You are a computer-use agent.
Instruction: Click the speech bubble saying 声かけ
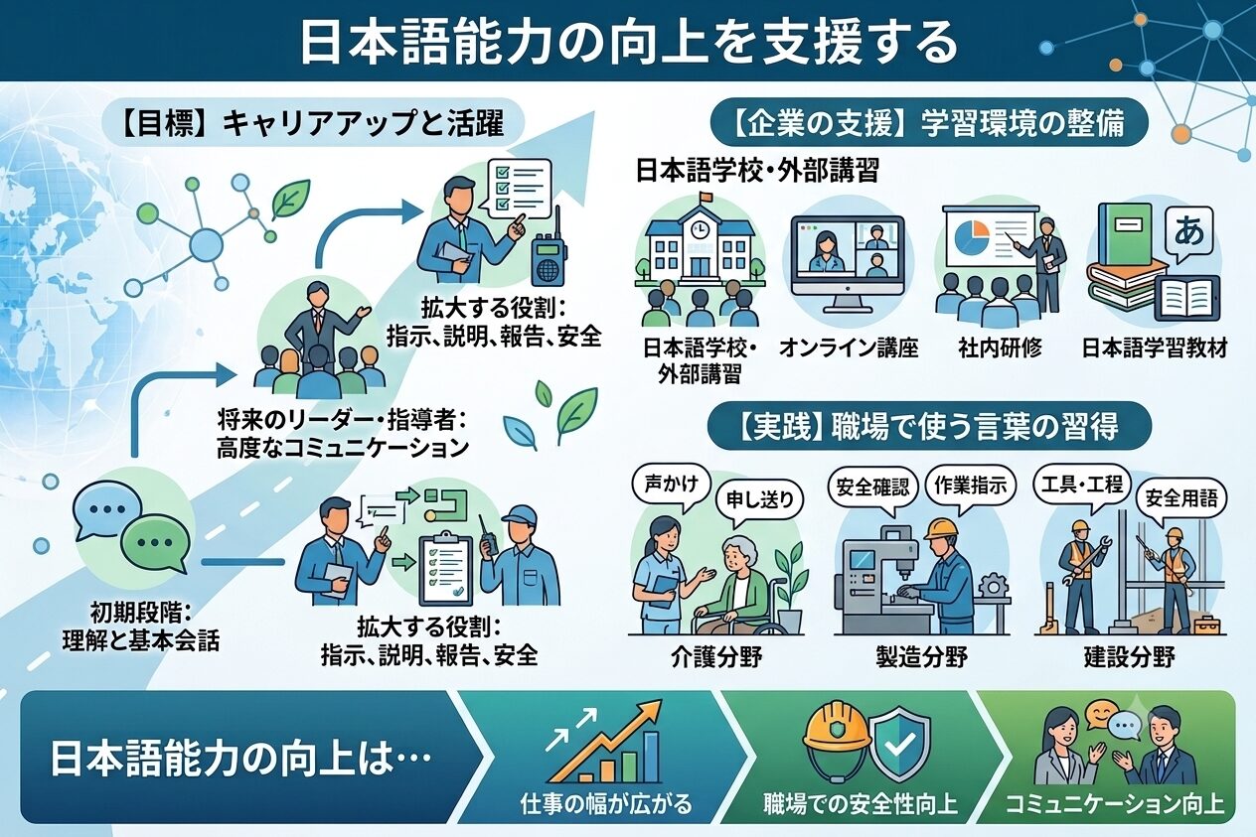pyautogui.click(x=671, y=487)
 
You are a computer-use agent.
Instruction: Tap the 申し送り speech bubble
pyautogui.click(x=759, y=500)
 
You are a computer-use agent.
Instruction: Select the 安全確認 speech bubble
pyautogui.click(x=872, y=488)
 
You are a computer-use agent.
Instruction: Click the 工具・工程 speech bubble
pyautogui.click(x=1082, y=486)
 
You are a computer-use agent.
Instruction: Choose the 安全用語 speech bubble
pyautogui.click(x=1180, y=498)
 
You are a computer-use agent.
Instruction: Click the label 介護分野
pyautogui.click(x=716, y=657)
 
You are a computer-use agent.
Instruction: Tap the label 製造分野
pyautogui.click(x=922, y=657)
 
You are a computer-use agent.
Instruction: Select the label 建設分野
pyautogui.click(x=1129, y=657)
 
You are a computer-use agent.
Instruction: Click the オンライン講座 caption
pyautogui.click(x=849, y=349)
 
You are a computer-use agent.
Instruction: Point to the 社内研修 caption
pyautogui.click(x=1000, y=349)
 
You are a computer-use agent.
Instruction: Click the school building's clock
pyautogui.click(x=700, y=229)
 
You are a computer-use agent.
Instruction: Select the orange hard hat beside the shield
pyautogui.click(x=837, y=740)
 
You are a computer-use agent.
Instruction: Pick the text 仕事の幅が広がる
pyautogui.click(x=606, y=804)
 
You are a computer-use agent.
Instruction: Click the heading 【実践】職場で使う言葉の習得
pyautogui.click(x=929, y=427)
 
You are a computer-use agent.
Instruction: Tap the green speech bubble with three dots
pyautogui.click(x=155, y=543)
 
